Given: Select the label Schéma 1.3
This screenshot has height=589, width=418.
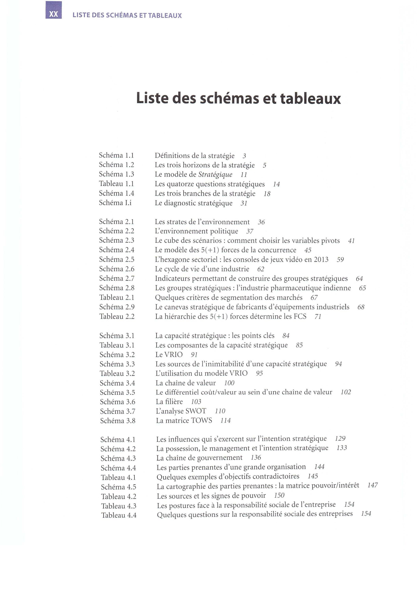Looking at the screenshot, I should coord(116,174).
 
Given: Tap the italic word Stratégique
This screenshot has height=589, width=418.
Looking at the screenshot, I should coord(215,175).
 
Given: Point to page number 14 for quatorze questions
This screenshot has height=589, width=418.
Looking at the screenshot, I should coord(276,184).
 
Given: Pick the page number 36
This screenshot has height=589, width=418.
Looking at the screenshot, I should coord(261,222).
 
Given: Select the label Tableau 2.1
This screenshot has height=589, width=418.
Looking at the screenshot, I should coord(117,298).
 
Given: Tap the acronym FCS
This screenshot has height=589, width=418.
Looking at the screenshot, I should coord(300,316).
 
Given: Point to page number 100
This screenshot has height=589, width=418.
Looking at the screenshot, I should coord(229,383).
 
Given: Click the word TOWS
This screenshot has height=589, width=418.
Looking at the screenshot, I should coord(202,421).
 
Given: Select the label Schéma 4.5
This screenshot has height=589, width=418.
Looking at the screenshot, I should coord(118,487).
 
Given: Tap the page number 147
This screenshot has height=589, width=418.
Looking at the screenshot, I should coord(373,485).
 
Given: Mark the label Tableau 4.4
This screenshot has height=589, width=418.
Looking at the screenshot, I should coord(119,515).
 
